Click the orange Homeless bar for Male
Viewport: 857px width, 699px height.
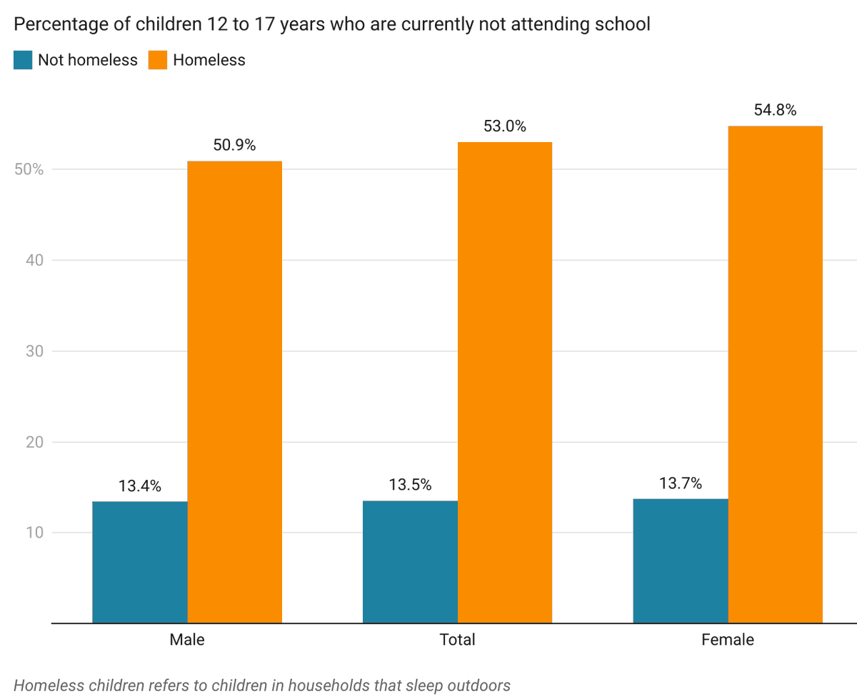(x=234, y=392)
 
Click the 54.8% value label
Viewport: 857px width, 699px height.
(x=775, y=111)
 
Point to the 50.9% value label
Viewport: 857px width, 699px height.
(x=234, y=146)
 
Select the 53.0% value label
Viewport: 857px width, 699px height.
(x=505, y=127)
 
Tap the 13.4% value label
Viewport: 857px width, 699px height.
(x=140, y=487)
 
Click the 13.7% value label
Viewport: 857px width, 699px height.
(x=681, y=484)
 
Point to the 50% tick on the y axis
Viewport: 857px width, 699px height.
(x=28, y=170)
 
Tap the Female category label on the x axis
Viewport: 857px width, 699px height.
(x=728, y=640)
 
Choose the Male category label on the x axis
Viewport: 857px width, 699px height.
(x=187, y=640)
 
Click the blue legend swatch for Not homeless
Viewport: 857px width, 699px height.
(x=23, y=60)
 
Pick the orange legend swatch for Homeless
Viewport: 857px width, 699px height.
(x=158, y=60)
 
